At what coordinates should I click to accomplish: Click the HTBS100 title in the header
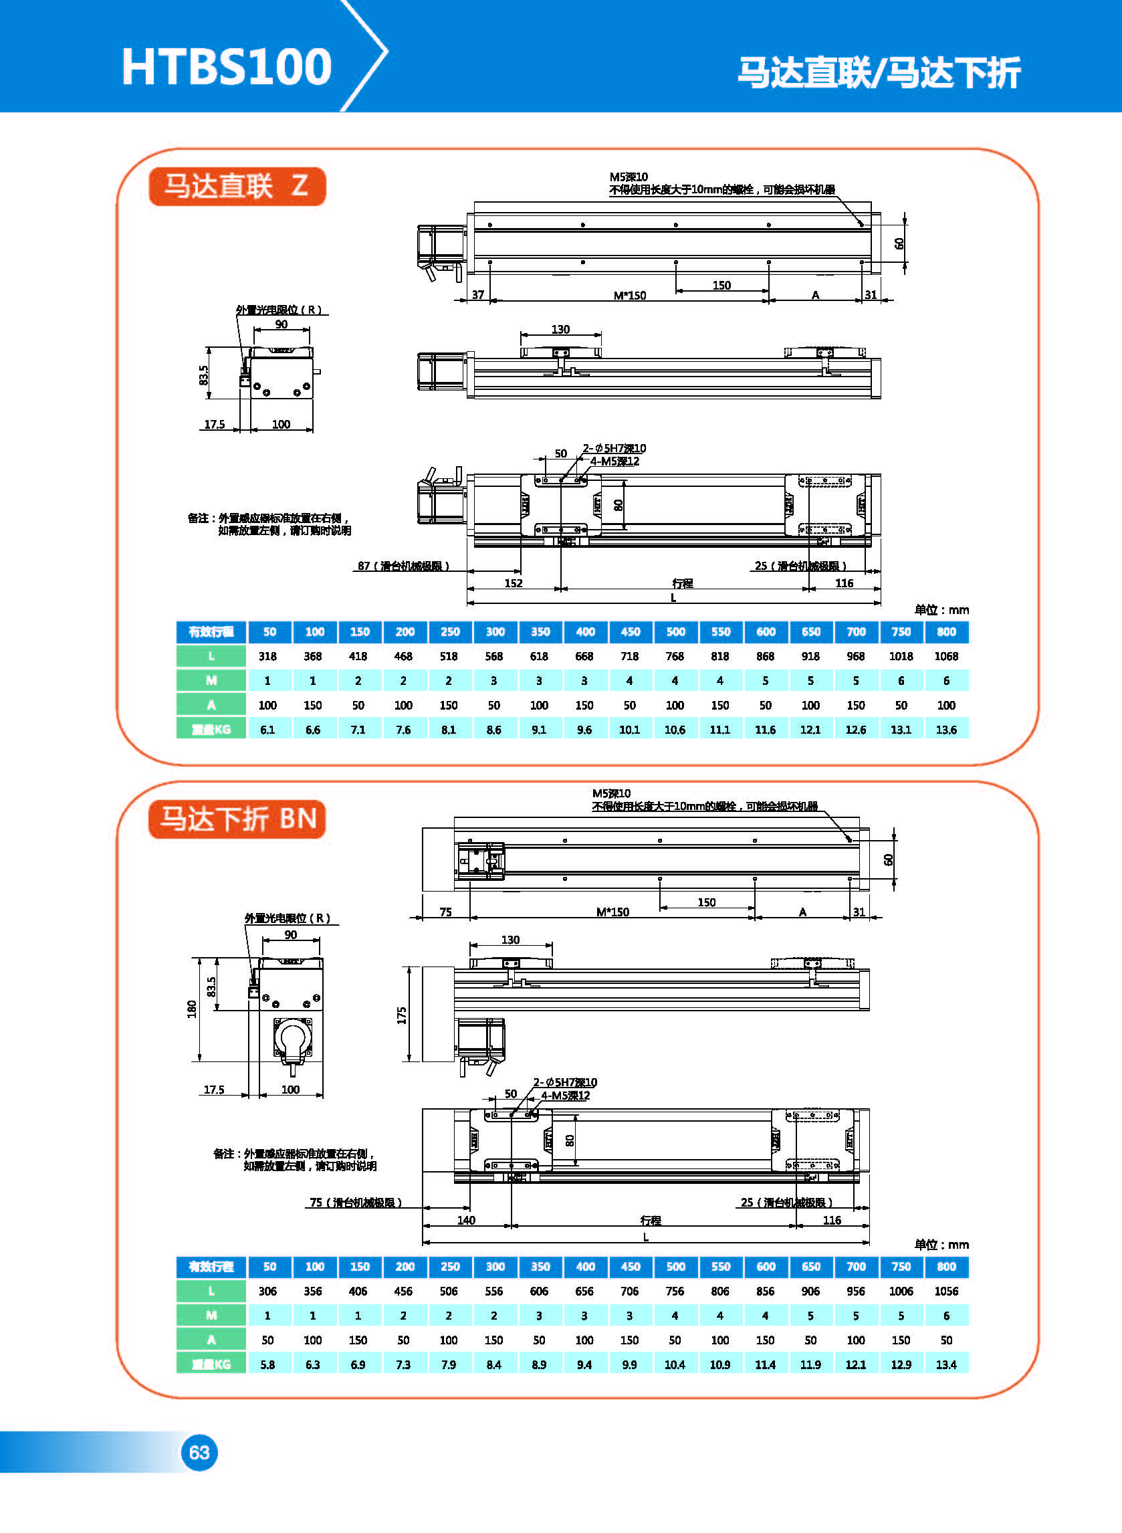tap(226, 67)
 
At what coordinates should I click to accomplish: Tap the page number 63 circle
tap(199, 1452)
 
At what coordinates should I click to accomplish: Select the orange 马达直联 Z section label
tap(237, 186)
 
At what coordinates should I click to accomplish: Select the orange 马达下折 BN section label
tap(237, 819)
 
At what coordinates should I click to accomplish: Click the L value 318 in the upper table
tap(267, 656)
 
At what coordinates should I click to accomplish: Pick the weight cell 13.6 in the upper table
tap(946, 730)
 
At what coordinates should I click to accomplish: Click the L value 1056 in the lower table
tap(946, 1291)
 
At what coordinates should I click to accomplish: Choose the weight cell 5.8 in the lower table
tap(267, 1364)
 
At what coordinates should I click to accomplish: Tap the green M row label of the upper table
tap(211, 681)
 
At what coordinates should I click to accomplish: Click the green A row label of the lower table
tap(211, 1340)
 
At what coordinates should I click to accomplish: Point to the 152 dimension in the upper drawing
tap(514, 583)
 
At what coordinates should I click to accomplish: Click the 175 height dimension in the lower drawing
tap(401, 1015)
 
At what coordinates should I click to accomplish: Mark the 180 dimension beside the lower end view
tap(191, 1009)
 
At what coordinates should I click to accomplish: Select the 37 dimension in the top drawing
tap(478, 295)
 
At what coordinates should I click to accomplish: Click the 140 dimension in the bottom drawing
tap(466, 1220)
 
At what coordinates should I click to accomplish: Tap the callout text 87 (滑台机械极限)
tap(403, 566)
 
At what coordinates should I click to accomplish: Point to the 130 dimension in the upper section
tap(560, 330)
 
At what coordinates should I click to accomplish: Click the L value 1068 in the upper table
tap(946, 656)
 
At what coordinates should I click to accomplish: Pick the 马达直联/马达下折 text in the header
tap(879, 73)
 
